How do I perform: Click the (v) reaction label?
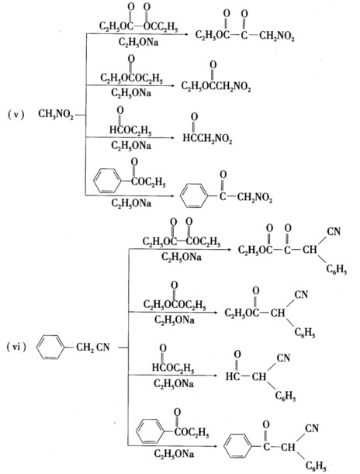click(16, 115)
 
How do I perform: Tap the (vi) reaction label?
click(16, 347)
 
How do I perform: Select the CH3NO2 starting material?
click(56, 115)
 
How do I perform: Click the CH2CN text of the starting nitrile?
click(93, 347)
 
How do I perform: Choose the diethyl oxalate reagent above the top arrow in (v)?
click(138, 19)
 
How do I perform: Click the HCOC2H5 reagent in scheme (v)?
click(130, 123)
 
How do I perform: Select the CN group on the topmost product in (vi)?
click(334, 231)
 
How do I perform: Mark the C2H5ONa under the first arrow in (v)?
click(138, 42)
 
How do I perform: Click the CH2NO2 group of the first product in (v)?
click(276, 36)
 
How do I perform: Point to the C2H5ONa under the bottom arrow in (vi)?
click(174, 454)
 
